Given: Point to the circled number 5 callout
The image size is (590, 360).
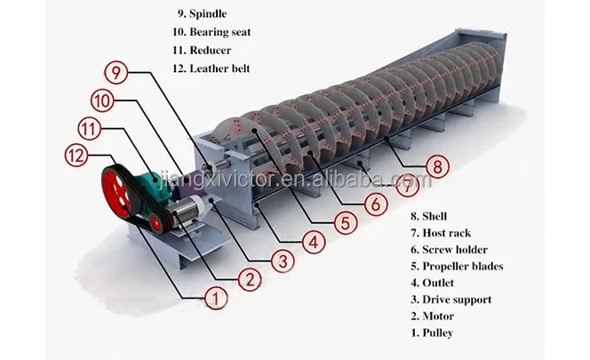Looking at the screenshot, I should click(x=343, y=222).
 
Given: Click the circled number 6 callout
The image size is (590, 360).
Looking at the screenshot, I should click(x=376, y=204).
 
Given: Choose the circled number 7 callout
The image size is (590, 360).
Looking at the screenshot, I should click(x=406, y=187).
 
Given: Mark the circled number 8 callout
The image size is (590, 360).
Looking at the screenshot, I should click(x=435, y=165).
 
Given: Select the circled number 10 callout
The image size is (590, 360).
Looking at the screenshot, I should click(x=102, y=101).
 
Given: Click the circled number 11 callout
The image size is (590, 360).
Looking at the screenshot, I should click(x=87, y=128).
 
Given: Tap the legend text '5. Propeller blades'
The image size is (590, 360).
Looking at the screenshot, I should click(x=457, y=266).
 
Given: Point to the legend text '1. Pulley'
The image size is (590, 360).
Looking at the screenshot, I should click(x=434, y=332).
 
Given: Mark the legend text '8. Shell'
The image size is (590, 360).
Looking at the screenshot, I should click(x=430, y=216).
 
